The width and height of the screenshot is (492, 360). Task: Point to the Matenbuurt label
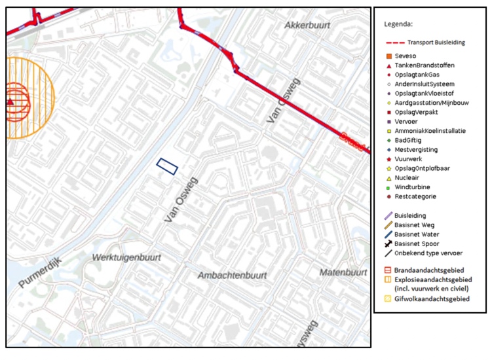343,272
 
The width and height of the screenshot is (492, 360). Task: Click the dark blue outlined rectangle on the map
167,166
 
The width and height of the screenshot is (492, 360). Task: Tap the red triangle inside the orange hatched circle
10,101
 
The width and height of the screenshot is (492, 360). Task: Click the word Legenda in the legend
398,24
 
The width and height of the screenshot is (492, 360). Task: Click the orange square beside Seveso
389,56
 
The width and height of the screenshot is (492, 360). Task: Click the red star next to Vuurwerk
389,159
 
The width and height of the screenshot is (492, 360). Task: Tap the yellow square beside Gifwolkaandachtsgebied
389,298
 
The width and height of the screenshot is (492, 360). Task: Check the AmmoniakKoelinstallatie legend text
435,131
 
